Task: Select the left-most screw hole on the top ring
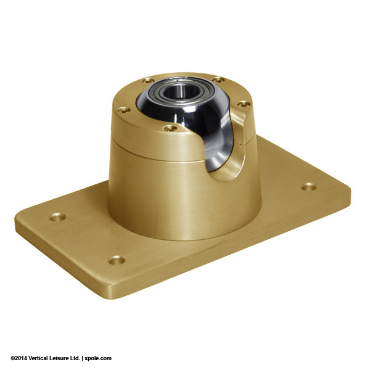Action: [x=124, y=110]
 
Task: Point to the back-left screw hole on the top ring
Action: [x=148, y=80]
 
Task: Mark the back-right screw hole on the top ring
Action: [x=218, y=80]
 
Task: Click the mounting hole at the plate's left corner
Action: [x=57, y=217]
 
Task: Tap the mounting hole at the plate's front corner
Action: [x=117, y=260]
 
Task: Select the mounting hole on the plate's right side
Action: [x=309, y=186]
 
